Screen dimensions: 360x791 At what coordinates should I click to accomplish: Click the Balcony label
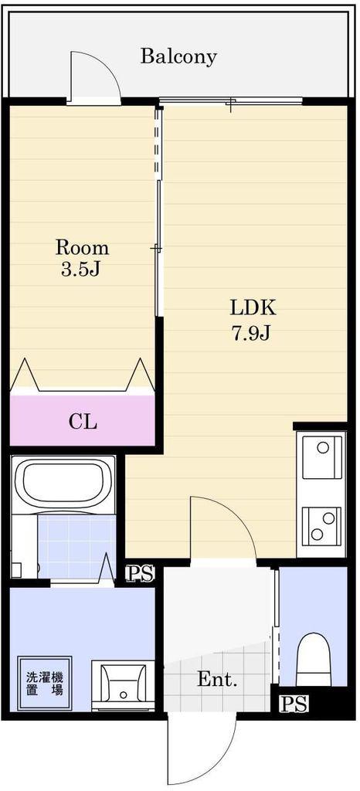coord(178,56)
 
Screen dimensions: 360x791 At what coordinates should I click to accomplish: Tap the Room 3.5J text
coord(82,258)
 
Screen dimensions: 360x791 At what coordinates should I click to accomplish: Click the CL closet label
coord(82,422)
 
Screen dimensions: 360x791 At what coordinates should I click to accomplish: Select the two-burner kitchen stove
coord(321,526)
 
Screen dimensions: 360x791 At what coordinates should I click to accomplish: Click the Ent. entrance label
coord(217,680)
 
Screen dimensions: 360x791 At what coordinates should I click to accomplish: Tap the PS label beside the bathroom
coord(140,574)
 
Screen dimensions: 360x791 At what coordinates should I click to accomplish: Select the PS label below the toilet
coord(294,704)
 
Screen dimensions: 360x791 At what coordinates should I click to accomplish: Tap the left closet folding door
coord(24,376)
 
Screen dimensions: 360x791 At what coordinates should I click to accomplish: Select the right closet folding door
coord(140,376)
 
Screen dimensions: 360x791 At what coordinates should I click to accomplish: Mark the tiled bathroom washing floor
coord(76,547)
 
